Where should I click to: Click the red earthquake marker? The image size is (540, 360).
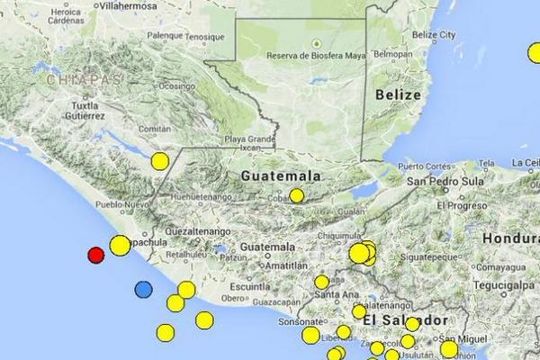point(95,255)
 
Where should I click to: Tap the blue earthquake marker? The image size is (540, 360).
point(143,289)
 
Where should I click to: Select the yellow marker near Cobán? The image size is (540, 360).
point(296,195)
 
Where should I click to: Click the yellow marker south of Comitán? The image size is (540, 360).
point(159,161)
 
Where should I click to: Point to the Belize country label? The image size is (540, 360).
point(399,94)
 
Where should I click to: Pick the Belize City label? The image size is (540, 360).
point(430,34)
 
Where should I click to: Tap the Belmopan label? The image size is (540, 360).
point(393,54)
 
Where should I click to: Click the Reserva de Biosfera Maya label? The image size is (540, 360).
point(315,55)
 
